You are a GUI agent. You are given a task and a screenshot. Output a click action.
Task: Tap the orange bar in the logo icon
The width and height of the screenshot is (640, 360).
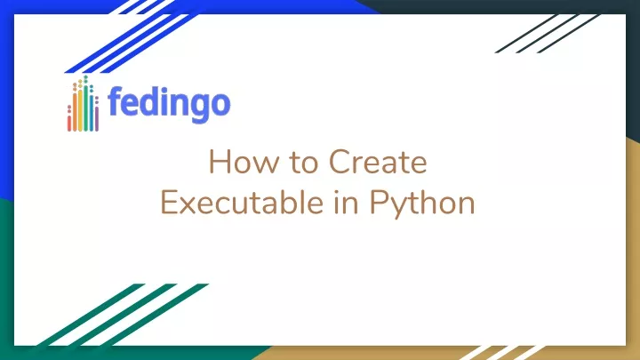(x=75, y=112)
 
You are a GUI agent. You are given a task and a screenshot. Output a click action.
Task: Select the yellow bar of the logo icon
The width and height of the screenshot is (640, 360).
(x=80, y=110)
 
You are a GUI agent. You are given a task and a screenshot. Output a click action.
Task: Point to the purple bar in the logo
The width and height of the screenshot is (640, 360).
(x=97, y=119)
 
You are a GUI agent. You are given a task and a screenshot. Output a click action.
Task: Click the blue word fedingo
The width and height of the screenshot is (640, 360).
(x=170, y=104)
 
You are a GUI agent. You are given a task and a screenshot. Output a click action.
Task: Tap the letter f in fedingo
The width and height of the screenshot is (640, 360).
(x=115, y=100)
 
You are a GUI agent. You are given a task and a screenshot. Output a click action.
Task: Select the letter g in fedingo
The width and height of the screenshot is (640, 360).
(x=200, y=108)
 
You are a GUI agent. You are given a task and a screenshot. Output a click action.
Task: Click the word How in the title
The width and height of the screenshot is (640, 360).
(x=244, y=162)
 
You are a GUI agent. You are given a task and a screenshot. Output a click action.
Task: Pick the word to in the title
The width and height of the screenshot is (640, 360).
(x=304, y=163)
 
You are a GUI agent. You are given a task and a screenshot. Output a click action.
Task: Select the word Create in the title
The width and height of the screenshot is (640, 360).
(x=378, y=162)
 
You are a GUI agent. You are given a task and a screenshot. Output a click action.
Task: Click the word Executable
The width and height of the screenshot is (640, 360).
(x=242, y=203)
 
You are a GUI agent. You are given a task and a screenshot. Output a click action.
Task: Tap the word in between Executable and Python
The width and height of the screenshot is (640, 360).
(x=346, y=203)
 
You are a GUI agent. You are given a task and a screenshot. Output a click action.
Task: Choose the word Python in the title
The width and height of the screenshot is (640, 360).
(x=422, y=204)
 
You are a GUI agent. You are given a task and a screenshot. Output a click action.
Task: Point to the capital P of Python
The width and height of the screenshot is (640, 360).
(x=378, y=202)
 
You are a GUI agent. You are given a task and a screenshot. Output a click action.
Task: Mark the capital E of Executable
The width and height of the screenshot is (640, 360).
(x=169, y=202)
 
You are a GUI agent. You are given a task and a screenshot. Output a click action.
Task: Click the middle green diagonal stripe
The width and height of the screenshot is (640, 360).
(x=122, y=315)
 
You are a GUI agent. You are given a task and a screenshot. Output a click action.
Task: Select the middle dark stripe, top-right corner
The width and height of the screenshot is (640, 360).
(x=548, y=34)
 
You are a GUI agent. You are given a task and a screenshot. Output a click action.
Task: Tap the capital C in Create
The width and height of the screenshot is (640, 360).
(x=340, y=162)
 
